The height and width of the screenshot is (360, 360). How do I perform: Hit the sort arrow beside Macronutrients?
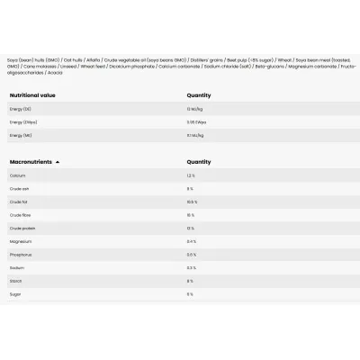pos(58,162)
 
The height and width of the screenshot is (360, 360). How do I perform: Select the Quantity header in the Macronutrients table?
pos(198,162)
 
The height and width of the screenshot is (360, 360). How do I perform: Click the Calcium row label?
pos(17,175)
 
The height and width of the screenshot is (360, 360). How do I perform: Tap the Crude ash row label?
pos(19,189)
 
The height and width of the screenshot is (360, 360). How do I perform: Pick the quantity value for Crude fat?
pos(191,202)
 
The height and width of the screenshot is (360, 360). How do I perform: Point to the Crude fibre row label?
pos(20,215)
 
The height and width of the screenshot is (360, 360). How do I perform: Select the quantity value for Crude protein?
pos(190,229)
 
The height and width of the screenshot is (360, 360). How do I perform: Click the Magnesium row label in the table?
pos(21,241)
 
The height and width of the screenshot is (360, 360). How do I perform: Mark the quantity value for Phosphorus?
pos(191,255)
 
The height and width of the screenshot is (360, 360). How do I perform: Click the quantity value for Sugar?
pos(190,294)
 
